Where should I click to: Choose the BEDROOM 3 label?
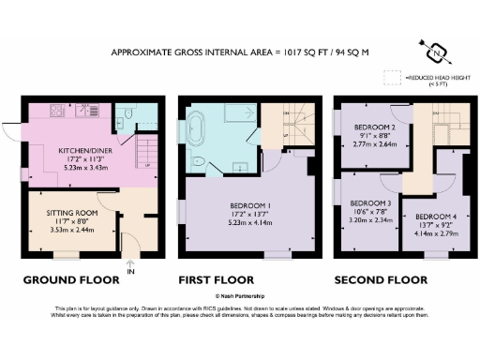tap(370, 202)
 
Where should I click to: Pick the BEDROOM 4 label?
tap(436, 217)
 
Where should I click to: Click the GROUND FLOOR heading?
tap(71, 279)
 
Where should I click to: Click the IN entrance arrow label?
tap(130, 272)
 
